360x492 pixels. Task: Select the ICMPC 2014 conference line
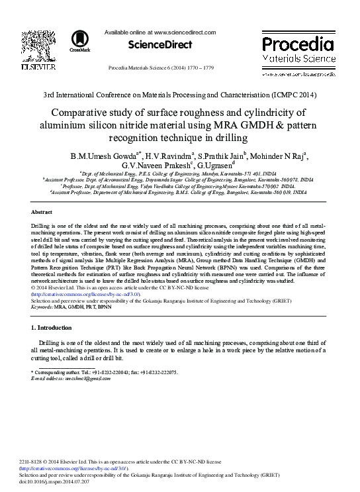(x=180, y=95)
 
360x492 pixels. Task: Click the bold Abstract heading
(x=42, y=212)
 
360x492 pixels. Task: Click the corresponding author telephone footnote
(x=106, y=373)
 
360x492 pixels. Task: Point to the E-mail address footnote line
(x=73, y=379)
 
